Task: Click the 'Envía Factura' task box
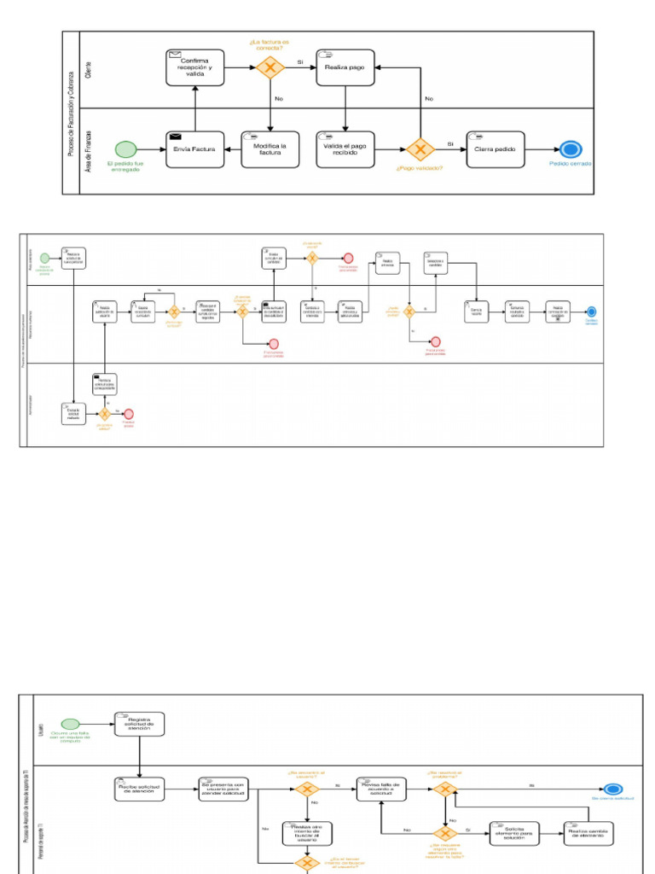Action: (x=195, y=149)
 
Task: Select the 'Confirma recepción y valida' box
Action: (x=195, y=68)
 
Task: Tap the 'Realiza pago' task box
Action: (x=345, y=68)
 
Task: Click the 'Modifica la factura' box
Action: (x=270, y=149)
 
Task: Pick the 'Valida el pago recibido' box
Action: (x=345, y=149)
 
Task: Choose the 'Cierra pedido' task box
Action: (x=496, y=149)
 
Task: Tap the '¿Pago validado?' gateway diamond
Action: (x=419, y=149)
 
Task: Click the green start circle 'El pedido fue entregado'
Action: (x=125, y=149)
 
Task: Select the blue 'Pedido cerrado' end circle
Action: (x=570, y=149)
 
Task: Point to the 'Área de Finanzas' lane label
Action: (x=89, y=150)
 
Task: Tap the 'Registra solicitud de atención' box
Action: (x=139, y=724)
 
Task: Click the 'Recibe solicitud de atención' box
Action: (x=139, y=790)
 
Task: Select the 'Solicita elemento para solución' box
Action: (x=515, y=833)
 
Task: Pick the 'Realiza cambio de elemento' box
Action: (x=588, y=833)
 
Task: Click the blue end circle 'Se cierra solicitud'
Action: (x=612, y=790)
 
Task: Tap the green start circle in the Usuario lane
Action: (x=70, y=724)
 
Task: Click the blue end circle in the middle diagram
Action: (x=592, y=312)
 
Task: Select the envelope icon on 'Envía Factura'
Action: (x=176, y=136)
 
